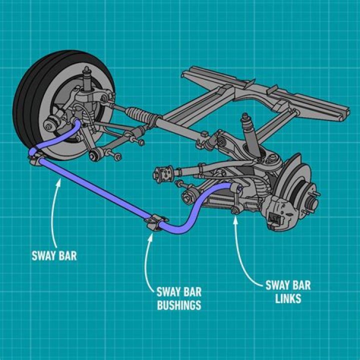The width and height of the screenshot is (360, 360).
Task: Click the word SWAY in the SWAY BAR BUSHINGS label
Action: point(168,292)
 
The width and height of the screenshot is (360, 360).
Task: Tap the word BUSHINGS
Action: point(179,305)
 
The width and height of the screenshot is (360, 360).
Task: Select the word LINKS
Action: point(288,298)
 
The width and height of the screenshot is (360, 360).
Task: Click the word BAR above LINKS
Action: point(301,285)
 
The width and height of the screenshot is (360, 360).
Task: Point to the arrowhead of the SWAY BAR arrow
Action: point(59,183)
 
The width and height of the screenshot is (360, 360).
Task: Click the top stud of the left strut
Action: point(86,69)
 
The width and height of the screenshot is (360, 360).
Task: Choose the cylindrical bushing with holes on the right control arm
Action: point(163,174)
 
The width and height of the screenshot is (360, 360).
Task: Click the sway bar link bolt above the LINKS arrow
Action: point(234,210)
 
